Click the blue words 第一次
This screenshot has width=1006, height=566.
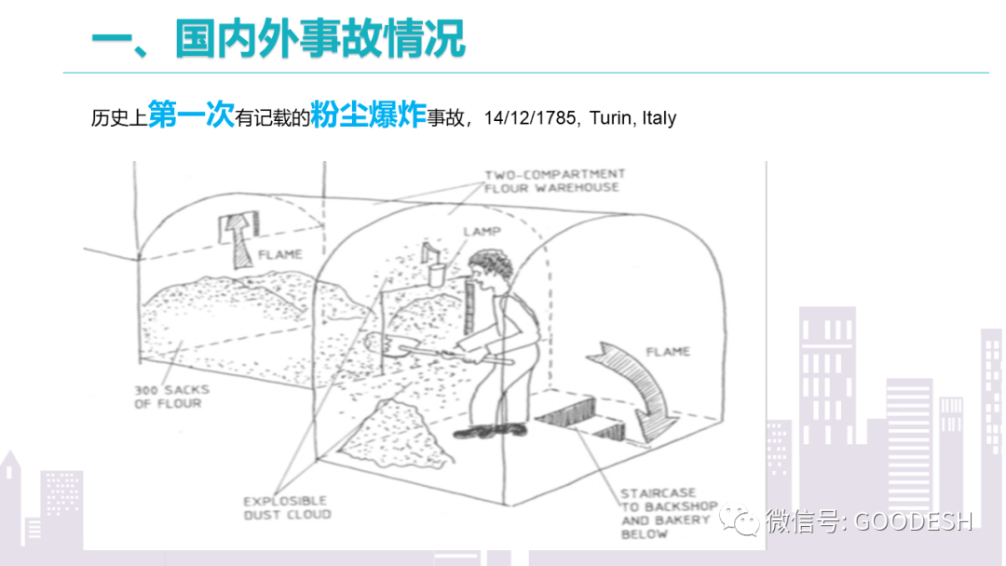click(190, 117)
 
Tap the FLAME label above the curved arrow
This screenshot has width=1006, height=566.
click(667, 352)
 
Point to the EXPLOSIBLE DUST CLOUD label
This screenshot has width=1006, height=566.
click(286, 507)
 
